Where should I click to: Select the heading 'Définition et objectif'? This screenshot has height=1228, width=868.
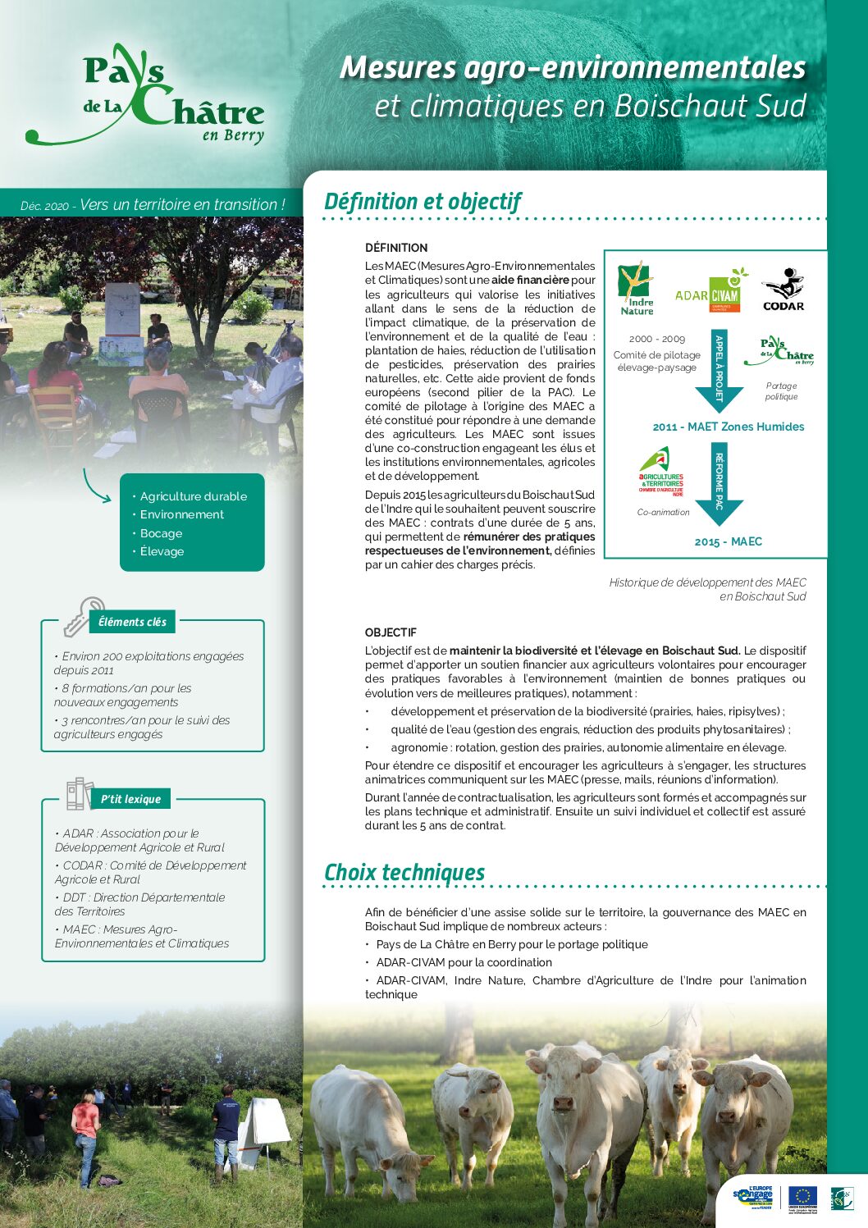423,202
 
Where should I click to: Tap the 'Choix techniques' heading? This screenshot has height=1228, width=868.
404,873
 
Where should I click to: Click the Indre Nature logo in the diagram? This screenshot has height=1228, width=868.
637,289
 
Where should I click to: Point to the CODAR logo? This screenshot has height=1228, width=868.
783,290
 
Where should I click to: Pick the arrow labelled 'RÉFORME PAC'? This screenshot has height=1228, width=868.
719,485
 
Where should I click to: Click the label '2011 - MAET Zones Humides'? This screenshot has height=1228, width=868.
729,427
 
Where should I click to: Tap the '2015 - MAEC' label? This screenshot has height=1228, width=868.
729,541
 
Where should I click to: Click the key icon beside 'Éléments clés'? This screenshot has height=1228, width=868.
83,617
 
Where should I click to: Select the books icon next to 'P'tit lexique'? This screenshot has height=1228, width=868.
80,793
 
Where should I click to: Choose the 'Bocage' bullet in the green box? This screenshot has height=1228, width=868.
161,533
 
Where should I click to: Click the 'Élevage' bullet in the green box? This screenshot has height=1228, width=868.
162,551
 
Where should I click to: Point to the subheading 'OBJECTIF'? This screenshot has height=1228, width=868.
391,632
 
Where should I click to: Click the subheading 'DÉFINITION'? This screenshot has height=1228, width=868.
396,248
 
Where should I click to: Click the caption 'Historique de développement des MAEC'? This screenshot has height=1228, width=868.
707,582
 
